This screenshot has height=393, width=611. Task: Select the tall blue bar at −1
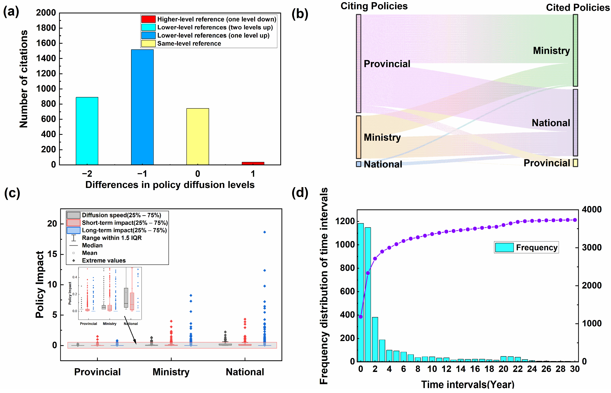coord(142,107)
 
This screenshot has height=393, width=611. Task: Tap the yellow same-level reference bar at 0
coord(198,137)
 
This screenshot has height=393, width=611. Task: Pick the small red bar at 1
coord(253,163)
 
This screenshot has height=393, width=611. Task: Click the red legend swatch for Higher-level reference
coord(148,19)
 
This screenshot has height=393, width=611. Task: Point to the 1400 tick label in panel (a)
coord(46,58)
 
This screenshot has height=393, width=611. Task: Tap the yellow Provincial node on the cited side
coord(575,163)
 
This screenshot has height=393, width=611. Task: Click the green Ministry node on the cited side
coord(575,50)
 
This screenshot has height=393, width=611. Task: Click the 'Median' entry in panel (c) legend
coord(92,245)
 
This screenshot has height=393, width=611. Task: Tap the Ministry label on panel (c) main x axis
coord(171,372)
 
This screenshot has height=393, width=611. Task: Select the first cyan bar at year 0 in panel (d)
coord(361,292)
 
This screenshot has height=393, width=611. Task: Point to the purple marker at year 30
coord(575,220)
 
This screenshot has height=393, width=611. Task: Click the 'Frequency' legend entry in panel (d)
coord(536,247)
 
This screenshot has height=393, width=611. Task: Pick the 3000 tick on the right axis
coord(591,247)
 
